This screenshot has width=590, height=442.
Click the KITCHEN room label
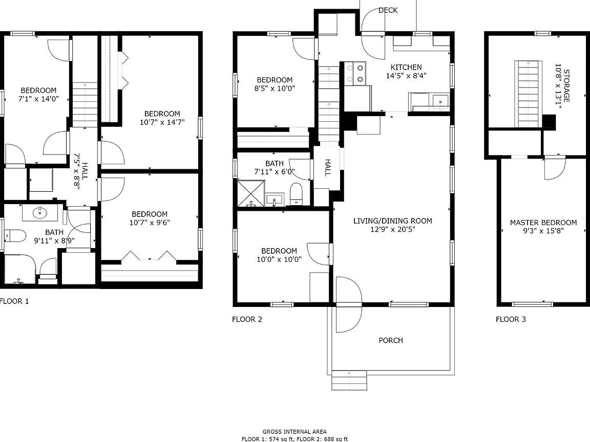click(406, 68)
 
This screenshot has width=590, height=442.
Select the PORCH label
click(391, 340)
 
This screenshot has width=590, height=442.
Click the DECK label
click(388, 10)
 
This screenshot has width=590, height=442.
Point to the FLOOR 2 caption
click(247, 319)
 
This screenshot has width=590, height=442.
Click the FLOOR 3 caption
click(511, 319)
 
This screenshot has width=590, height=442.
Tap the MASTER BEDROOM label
click(543, 223)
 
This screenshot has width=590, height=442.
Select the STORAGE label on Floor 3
click(566, 86)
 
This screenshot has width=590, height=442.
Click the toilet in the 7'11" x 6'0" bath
click(296, 193)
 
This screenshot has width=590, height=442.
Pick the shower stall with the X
click(251, 193)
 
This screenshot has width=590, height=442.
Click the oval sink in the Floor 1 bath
click(39, 213)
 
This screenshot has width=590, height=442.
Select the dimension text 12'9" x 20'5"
click(392, 229)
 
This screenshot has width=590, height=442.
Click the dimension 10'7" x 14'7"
click(162, 122)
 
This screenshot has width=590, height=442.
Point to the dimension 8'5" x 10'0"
click(275, 89)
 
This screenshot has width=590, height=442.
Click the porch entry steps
click(349, 380)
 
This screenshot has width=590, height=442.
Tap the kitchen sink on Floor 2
click(440, 101)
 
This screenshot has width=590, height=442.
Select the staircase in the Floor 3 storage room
click(529, 94)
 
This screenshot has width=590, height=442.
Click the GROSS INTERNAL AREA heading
click(294, 432)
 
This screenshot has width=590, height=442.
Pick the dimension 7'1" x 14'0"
click(38, 99)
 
